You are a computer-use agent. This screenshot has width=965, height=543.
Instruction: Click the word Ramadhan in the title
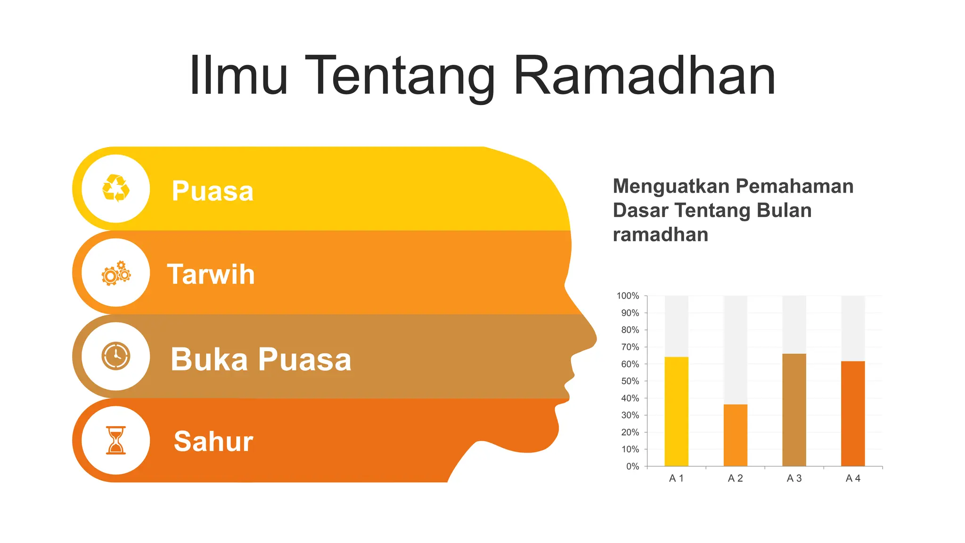(644, 75)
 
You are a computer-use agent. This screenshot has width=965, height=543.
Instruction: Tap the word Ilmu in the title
(238, 75)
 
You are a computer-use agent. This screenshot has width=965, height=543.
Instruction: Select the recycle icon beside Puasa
(116, 188)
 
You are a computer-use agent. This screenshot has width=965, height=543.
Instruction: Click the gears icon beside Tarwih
(116, 273)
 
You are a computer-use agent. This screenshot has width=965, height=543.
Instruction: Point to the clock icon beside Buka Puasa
(116, 356)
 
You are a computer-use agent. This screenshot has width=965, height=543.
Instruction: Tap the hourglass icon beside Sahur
(116, 440)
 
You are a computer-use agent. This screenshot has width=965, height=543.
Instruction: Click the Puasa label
(213, 191)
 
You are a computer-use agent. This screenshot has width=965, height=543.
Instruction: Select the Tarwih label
(211, 274)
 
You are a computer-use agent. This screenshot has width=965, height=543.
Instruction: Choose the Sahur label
(213, 442)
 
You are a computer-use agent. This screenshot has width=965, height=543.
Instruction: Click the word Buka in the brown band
(209, 360)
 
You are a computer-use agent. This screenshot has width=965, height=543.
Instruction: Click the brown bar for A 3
(794, 410)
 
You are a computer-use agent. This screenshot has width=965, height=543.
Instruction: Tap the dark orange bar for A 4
(853, 413)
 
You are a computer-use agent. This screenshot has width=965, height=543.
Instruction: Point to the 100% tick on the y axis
(628, 296)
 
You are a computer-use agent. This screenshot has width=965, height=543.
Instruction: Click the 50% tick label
(630, 381)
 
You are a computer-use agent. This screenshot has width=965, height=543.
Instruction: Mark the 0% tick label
(632, 466)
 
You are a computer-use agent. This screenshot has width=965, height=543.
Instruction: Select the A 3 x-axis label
(794, 478)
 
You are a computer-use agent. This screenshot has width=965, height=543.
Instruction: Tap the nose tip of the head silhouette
(596, 338)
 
